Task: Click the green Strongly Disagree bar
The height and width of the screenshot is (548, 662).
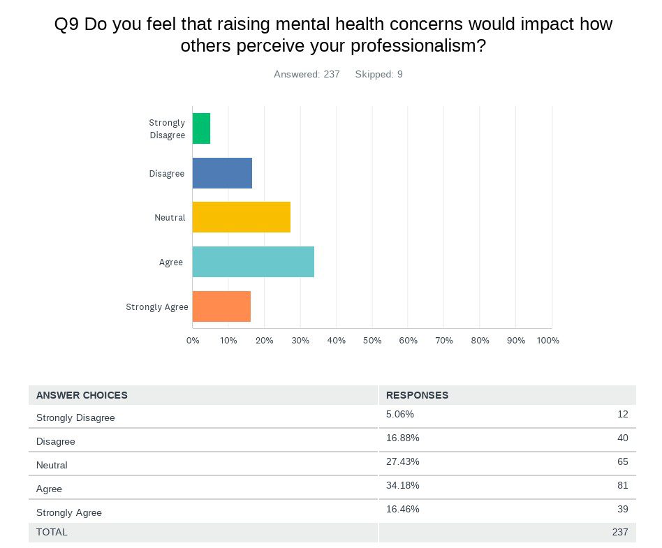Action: pyautogui.click(x=201, y=128)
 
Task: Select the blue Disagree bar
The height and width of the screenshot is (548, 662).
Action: pyautogui.click(x=222, y=173)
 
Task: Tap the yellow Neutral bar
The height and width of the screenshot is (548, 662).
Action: pyautogui.click(x=241, y=217)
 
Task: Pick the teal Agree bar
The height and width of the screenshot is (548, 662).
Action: pyautogui.click(x=253, y=262)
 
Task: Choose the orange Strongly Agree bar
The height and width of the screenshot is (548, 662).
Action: pyautogui.click(x=221, y=306)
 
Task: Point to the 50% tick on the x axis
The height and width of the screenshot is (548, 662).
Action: pyautogui.click(x=372, y=341)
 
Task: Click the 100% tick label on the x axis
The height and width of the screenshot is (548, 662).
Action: pyautogui.click(x=547, y=341)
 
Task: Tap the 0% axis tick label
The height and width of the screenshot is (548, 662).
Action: pyautogui.click(x=193, y=341)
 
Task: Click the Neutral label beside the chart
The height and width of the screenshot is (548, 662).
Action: pyautogui.click(x=170, y=218)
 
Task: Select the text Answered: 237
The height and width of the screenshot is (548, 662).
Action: pyautogui.click(x=307, y=74)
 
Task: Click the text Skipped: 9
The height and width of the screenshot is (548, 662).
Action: pyautogui.click(x=378, y=74)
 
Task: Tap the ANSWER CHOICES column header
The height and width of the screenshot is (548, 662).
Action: pyautogui.click(x=82, y=395)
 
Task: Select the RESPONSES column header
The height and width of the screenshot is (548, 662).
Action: pyautogui.click(x=417, y=395)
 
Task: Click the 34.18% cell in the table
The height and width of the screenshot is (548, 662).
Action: pyautogui.click(x=402, y=485)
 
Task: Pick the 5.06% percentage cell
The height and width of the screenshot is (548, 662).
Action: pyautogui.click(x=399, y=414)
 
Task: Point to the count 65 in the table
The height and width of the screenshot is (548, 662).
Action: pyautogui.click(x=622, y=461)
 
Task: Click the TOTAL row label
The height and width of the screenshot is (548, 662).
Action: pyautogui.click(x=52, y=532)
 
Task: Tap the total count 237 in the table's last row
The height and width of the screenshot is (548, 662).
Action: pyautogui.click(x=619, y=532)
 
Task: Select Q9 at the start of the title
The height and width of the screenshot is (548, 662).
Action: pyautogui.click(x=66, y=24)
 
